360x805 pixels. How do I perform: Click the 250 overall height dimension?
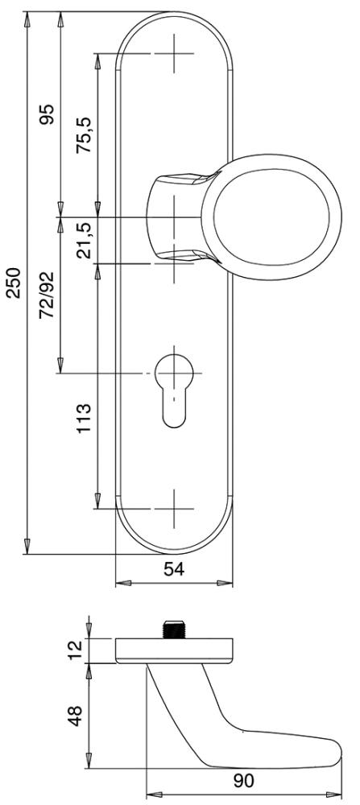[x=14, y=283]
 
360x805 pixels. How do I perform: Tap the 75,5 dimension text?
[x=83, y=135]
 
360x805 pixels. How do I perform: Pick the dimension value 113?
[x=84, y=418]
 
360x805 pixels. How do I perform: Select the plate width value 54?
[x=174, y=569]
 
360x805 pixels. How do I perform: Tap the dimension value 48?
[x=76, y=716]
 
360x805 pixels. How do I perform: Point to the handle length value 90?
[x=243, y=781]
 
